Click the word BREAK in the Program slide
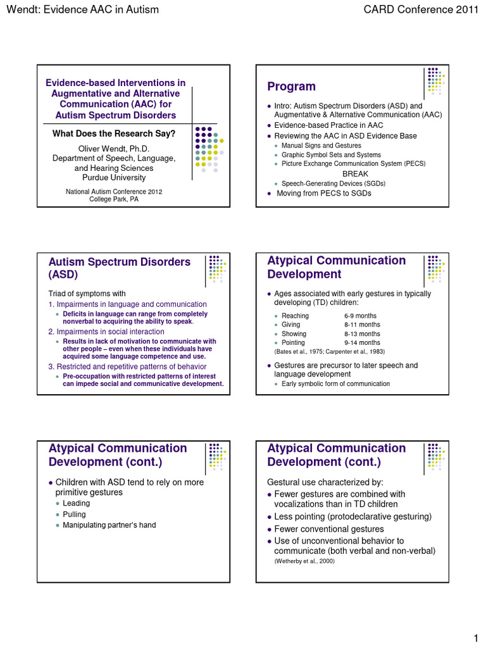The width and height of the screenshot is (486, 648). click(x=355, y=173)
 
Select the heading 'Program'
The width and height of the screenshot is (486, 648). click(x=291, y=87)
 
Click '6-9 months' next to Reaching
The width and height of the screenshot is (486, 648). click(x=360, y=316)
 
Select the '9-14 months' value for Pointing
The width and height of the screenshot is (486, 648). click(x=362, y=342)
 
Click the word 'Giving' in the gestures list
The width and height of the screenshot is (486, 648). click(x=291, y=325)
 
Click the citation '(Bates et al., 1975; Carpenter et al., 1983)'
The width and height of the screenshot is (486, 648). click(x=329, y=351)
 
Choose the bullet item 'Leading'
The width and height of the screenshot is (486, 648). click(x=76, y=504)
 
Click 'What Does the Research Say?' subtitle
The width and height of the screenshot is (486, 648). click(x=113, y=134)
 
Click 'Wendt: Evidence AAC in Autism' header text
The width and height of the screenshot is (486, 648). click(x=82, y=9)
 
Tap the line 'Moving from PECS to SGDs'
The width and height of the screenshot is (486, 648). click(x=324, y=193)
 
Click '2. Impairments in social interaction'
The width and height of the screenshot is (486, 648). click(x=106, y=332)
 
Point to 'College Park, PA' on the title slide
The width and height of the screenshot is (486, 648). click(x=113, y=199)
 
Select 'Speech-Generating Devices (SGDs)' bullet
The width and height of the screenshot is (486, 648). click(x=333, y=184)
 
